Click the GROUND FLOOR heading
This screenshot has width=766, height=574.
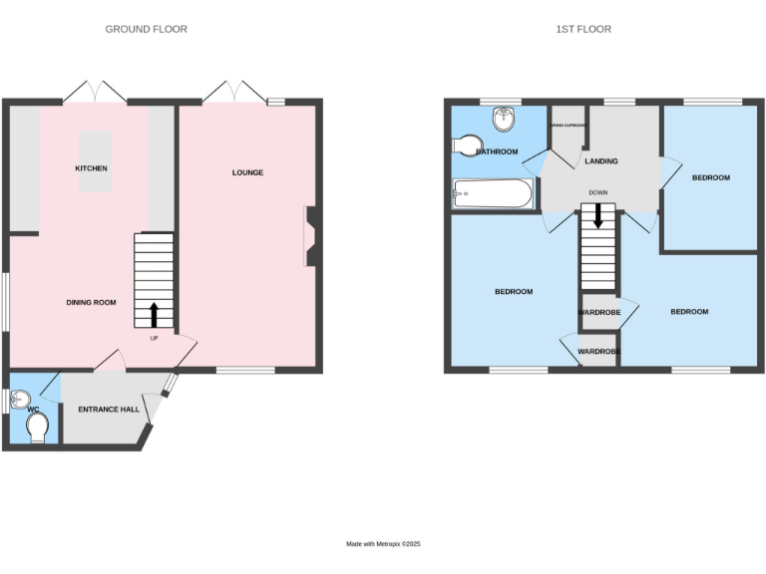146,29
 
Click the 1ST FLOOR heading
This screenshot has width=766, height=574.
583,29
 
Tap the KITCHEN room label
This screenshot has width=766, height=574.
92,168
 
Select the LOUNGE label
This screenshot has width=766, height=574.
247,172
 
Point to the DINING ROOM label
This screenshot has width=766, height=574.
92,302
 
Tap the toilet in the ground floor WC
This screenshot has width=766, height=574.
39,428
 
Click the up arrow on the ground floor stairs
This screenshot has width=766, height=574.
154,315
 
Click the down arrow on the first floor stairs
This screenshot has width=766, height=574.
597,215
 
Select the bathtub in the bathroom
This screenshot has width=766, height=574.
493,193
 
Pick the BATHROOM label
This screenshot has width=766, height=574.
497,151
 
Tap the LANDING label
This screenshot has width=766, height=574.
601,161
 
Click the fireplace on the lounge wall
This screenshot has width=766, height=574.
312,236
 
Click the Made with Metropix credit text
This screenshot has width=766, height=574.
384,543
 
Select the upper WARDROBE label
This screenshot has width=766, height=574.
599,313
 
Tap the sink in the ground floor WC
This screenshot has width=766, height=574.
15,401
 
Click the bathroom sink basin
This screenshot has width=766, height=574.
506,119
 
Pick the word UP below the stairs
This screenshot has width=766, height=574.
154,338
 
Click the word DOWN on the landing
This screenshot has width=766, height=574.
598,192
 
